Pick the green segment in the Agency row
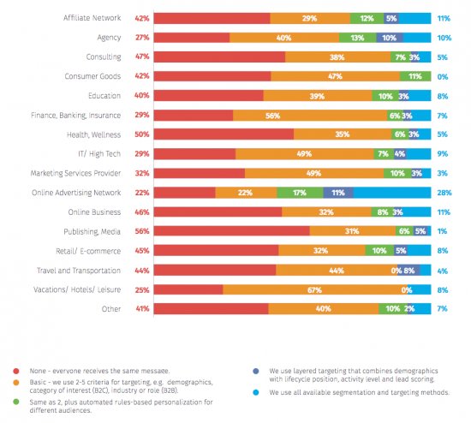coord(356,38)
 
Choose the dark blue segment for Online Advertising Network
coord(337,193)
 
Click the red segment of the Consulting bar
coord(220,57)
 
